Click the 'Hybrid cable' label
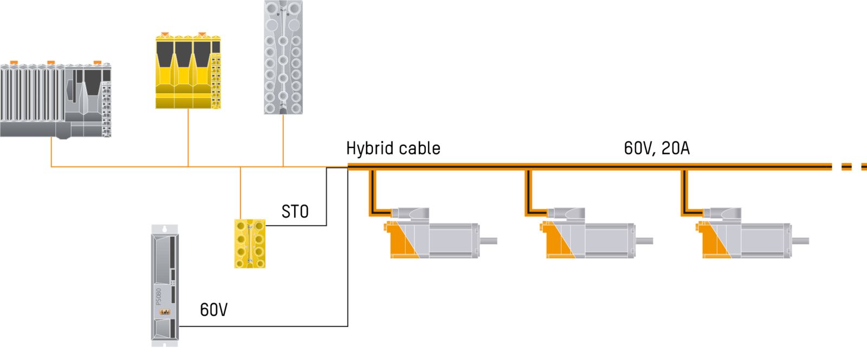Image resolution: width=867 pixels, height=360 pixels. point(393,148)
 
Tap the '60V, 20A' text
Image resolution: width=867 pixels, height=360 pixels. point(656,147)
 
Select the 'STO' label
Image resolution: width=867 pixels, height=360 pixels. point(295,211)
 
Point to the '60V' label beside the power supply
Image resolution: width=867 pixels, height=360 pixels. point(213,310)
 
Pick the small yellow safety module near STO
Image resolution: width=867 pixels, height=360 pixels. point(250,243)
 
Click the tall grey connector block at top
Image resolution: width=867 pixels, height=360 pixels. point(283,57)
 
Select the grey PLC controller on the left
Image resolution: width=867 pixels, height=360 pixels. point(55,100)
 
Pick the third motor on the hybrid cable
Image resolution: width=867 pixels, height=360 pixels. point(748,236)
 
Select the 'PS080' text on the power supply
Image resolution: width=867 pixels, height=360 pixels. point(159,296)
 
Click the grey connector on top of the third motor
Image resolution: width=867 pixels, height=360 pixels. point(721,214)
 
